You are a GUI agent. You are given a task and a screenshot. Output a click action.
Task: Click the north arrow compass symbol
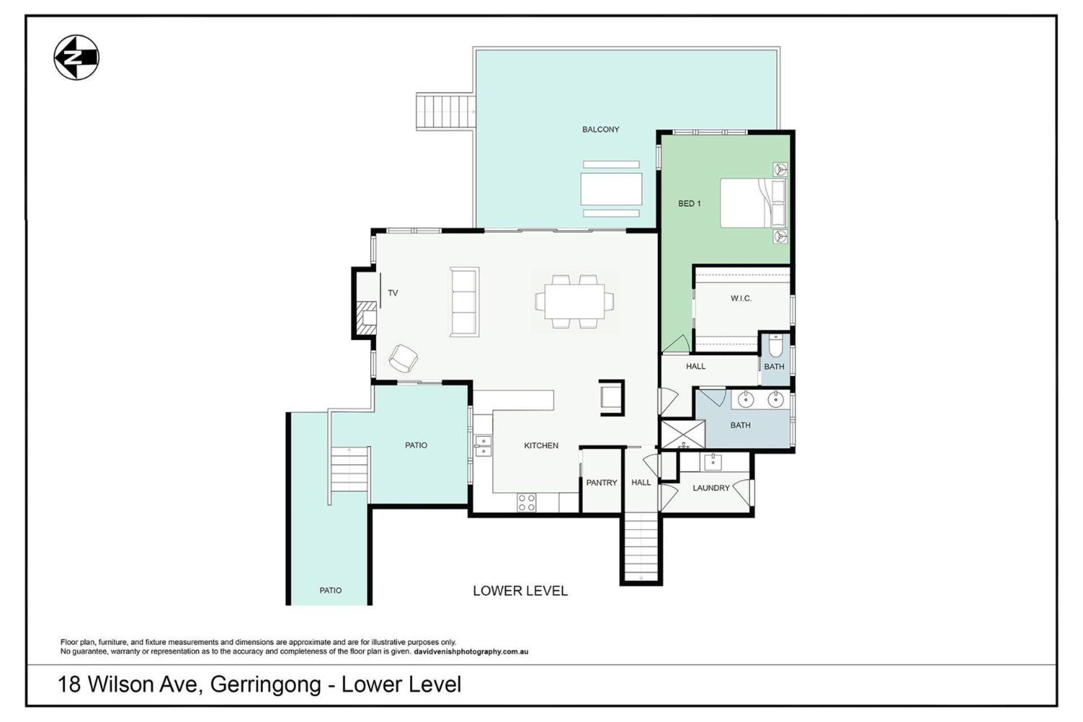click(x=77, y=58)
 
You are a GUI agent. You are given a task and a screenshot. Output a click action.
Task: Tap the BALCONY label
click(x=601, y=130)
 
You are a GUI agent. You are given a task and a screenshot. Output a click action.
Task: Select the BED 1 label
click(x=689, y=204)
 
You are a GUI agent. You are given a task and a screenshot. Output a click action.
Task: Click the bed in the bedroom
click(x=753, y=203)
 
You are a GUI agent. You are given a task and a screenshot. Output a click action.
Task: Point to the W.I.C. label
click(x=741, y=298)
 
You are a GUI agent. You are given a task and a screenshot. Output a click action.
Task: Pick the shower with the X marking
click(x=683, y=434)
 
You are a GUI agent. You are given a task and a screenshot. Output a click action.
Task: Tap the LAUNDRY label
click(x=711, y=488)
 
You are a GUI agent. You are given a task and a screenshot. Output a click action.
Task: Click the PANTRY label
click(x=602, y=483)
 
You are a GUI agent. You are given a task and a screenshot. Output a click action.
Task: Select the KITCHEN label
click(x=541, y=446)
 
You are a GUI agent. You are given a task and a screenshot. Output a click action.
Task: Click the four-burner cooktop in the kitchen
click(x=527, y=503)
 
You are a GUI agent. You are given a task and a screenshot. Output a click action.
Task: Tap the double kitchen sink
click(x=483, y=446)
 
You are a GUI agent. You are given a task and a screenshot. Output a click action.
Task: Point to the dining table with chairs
click(x=575, y=301)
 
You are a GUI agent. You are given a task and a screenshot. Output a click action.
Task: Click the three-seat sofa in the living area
click(x=464, y=302)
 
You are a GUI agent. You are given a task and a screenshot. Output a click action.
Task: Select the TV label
click(x=393, y=293)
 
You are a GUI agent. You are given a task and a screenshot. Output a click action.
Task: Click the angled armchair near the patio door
click(x=403, y=358)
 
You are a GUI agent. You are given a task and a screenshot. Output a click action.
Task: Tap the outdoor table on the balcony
click(x=611, y=189)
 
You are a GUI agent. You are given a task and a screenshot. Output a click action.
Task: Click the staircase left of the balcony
click(x=446, y=112)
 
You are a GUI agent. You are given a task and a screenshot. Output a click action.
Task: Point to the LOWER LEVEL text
click(x=520, y=591)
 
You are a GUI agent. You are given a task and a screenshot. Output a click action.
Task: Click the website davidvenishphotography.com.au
click(x=471, y=651)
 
